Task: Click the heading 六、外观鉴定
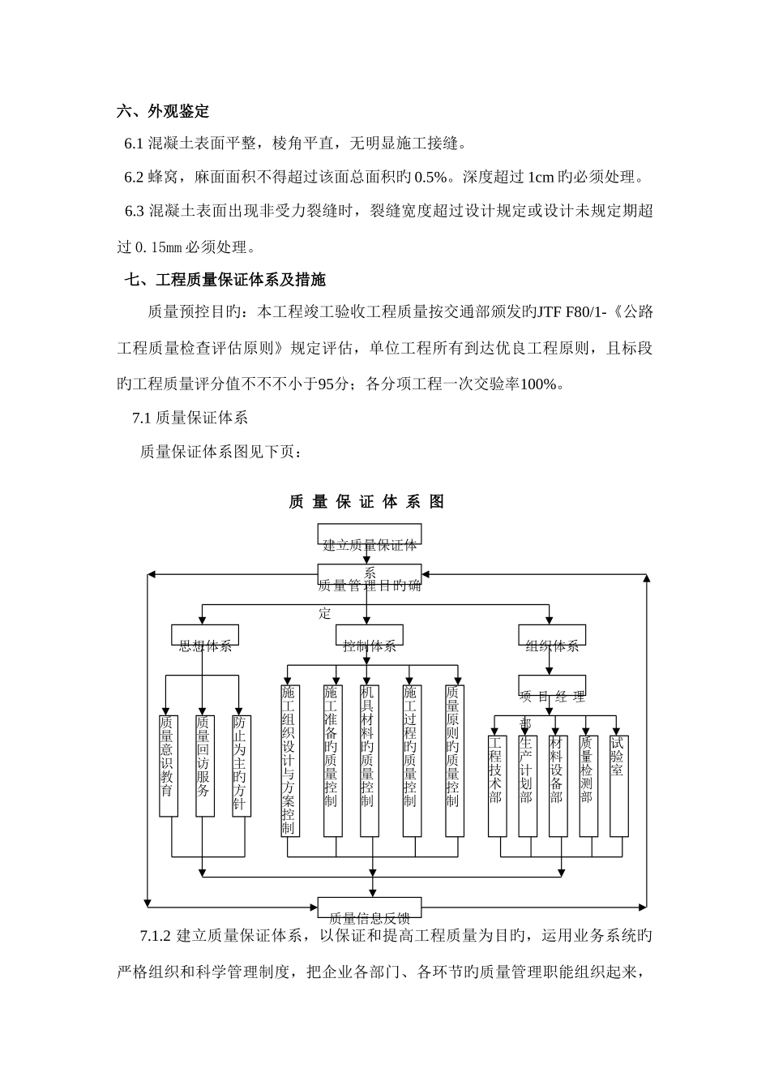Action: pyautogui.click(x=163, y=112)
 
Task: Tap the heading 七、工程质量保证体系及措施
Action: pyautogui.click(x=225, y=281)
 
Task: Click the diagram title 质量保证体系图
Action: pyautogui.click(x=366, y=502)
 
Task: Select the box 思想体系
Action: pyautogui.click(x=205, y=636)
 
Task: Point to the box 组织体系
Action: pyautogui.click(x=552, y=636)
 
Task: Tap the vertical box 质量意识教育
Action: pyautogui.click(x=168, y=766)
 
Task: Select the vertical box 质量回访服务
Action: pyautogui.click(x=203, y=766)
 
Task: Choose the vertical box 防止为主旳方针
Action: pyautogui.click(x=240, y=766)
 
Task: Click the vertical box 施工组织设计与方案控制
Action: pyautogui.click(x=289, y=761)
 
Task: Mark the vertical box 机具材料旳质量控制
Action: pyautogui.click(x=369, y=761)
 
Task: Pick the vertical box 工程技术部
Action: pyautogui.click(x=497, y=785)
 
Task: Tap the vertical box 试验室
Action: pyautogui.click(x=618, y=785)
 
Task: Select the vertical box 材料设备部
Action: pyautogui.click(x=558, y=785)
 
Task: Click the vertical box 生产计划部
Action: pyautogui.click(x=527, y=785)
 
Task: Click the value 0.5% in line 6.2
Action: pyautogui.click(x=430, y=177)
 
